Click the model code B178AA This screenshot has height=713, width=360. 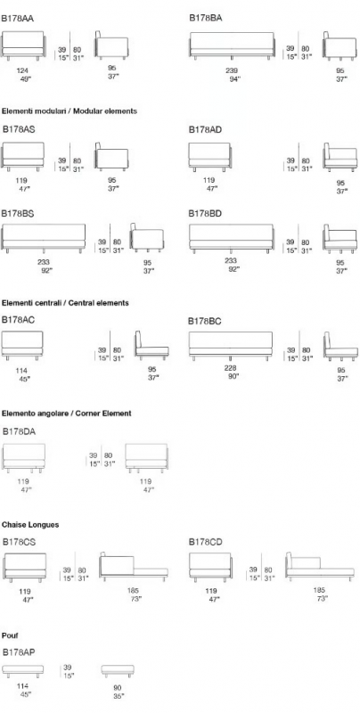point(17,19)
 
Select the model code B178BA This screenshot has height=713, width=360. point(206,18)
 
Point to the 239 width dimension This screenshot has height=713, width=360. point(232,70)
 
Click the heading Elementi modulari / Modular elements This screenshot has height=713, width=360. point(70,111)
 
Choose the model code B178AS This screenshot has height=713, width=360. point(19,129)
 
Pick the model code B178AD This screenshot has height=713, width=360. point(206,130)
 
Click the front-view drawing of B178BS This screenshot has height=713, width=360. point(44,237)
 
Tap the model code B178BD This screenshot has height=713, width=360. point(205,213)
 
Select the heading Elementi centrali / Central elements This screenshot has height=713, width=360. point(65,303)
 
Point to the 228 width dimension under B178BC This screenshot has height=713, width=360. point(231,368)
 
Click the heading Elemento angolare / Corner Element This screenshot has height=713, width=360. point(66,414)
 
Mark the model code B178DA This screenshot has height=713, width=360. point(19,431)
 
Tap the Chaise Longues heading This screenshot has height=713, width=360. point(30,525)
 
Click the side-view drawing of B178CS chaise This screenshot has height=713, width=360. point(133,567)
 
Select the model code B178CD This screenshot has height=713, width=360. point(206,542)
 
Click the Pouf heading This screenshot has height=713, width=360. point(10,635)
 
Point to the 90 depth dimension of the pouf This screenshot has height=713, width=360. point(118,688)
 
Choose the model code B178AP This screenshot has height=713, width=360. point(19,652)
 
